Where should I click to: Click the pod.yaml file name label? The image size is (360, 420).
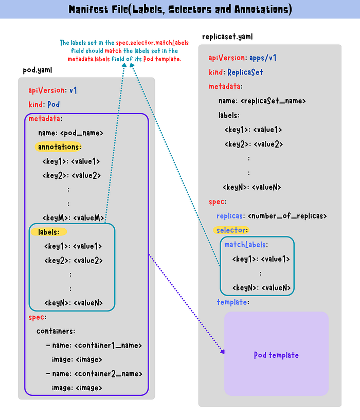click(x=38, y=70)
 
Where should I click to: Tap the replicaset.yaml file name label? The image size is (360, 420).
click(x=227, y=36)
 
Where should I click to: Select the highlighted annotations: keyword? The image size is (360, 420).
click(x=58, y=147)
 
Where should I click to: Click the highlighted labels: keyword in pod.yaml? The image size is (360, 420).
click(x=48, y=232)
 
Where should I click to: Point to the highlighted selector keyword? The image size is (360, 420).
click(x=231, y=230)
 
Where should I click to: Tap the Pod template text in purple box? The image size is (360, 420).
click(x=276, y=355)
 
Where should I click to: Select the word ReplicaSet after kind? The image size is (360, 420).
click(x=245, y=72)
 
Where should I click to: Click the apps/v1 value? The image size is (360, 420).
click(x=263, y=58)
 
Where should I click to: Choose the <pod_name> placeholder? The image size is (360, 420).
click(x=82, y=133)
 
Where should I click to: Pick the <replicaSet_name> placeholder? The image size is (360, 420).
click(x=273, y=101)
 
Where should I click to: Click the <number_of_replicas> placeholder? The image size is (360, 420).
click(x=287, y=216)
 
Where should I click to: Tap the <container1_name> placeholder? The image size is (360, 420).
click(x=108, y=345)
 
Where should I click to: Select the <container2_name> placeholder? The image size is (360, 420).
click(x=109, y=374)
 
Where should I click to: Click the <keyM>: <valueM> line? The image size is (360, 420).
click(x=73, y=218)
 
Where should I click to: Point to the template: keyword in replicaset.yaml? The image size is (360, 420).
click(x=233, y=302)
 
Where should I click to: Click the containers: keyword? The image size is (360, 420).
click(x=56, y=332)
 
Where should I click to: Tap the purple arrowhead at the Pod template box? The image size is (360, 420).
click(x=223, y=352)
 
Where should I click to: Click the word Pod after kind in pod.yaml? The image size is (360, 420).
click(x=53, y=104)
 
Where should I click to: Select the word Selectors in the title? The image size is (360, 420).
click(x=190, y=9)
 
